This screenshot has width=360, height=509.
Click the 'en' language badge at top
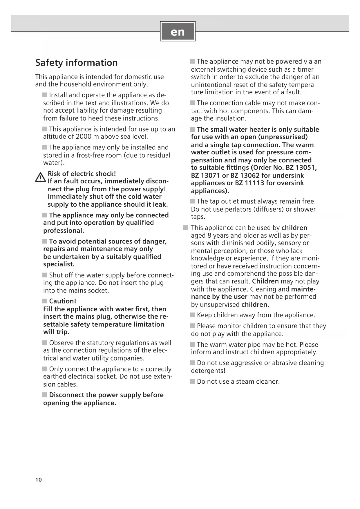point(178,31)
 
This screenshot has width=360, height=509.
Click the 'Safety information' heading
point(76,63)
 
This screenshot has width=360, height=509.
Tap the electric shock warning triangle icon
point(40,177)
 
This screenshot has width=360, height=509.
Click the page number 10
point(39,480)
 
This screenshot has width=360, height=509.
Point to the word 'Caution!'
point(63,301)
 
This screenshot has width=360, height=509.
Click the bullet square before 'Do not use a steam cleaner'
point(193,381)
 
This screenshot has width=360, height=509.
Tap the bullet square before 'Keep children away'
point(193,315)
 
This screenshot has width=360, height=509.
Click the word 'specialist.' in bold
point(59,264)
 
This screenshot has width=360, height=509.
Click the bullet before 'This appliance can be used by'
point(186,228)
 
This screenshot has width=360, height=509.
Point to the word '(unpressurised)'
point(283,137)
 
